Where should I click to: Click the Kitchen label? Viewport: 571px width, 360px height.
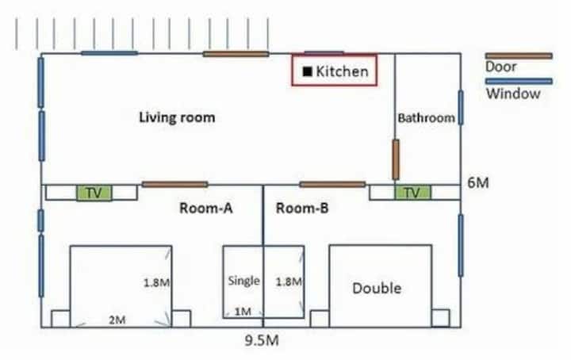point(342,71)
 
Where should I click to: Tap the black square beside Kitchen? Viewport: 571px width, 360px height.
point(308,71)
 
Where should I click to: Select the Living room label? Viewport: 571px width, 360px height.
point(177,117)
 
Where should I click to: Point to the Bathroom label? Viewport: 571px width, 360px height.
point(426,118)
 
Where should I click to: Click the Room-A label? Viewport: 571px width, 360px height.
point(206,209)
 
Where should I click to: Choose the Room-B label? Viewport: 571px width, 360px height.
point(302,209)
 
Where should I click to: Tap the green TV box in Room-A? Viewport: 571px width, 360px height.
point(94,193)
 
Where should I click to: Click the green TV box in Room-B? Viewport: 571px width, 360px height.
point(412,193)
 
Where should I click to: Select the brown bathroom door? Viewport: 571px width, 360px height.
point(396,159)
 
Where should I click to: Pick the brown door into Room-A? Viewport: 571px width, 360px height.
point(174,185)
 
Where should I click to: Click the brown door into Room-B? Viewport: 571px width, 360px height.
point(332,185)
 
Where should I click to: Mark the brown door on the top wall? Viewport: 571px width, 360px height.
point(236,54)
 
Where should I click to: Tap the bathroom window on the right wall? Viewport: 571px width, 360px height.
point(461,108)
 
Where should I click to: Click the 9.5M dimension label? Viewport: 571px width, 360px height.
point(262,341)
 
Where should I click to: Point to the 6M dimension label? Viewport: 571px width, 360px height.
point(477,182)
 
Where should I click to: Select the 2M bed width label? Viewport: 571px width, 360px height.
point(117,320)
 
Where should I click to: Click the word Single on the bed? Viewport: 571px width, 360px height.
point(244,281)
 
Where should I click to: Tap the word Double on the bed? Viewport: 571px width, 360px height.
point(377,289)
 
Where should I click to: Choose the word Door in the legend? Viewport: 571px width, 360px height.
point(500,67)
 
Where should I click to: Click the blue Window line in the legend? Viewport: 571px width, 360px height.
point(519,81)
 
